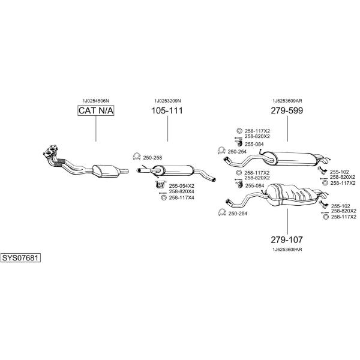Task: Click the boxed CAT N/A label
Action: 96,110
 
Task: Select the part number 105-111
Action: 167,110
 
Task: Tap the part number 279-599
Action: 287,110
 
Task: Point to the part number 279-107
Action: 287,239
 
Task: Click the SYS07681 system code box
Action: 20,258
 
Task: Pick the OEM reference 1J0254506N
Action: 96,101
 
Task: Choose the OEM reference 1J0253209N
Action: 167,101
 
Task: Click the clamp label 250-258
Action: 152,158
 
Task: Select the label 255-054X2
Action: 182,186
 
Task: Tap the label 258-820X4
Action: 182,191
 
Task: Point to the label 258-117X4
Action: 182,197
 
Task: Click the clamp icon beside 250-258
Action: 137,157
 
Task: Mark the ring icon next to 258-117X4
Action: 164,197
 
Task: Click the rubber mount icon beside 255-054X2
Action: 160,185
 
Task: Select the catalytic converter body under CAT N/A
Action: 106,171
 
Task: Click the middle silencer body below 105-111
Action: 172,170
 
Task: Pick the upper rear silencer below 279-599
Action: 290,158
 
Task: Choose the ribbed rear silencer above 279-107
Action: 291,194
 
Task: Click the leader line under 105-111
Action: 167,129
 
